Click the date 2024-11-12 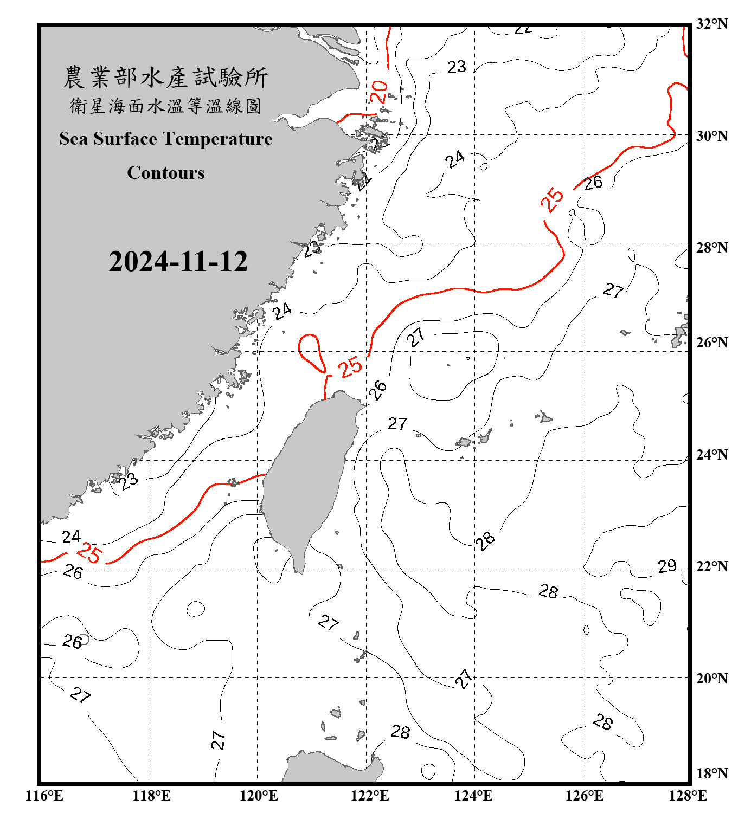(178, 261)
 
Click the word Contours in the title (165, 172)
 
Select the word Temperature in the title (217, 139)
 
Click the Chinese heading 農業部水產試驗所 (165, 77)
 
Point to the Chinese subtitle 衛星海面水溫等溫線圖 (165, 106)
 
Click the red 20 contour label (379, 92)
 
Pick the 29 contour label (667, 566)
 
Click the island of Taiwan (306, 477)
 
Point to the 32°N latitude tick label (712, 24)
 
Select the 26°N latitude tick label (712, 343)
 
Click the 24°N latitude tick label (712, 454)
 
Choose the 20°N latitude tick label (712, 678)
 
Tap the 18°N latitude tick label (712, 773)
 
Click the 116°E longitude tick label (44, 796)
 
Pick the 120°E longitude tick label (259, 796)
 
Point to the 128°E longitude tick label (688, 796)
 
